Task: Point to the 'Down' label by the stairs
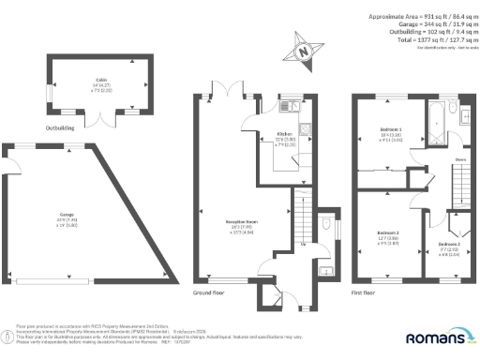[x=459, y=160]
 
